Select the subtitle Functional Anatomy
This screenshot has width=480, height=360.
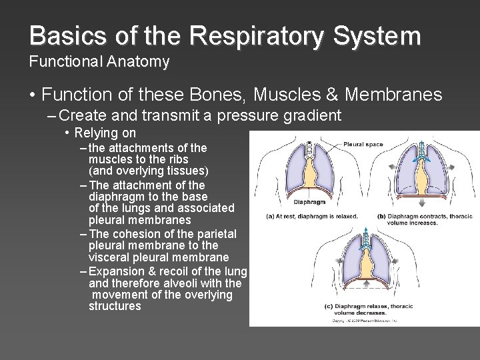pyautogui.click(x=99, y=62)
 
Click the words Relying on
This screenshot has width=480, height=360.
pyautogui.click(x=105, y=133)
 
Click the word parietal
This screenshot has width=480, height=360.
pyautogui.click(x=215, y=234)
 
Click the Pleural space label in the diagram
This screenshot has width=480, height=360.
pyautogui.click(x=363, y=144)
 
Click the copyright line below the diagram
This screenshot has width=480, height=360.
pyautogui.click(x=365, y=321)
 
